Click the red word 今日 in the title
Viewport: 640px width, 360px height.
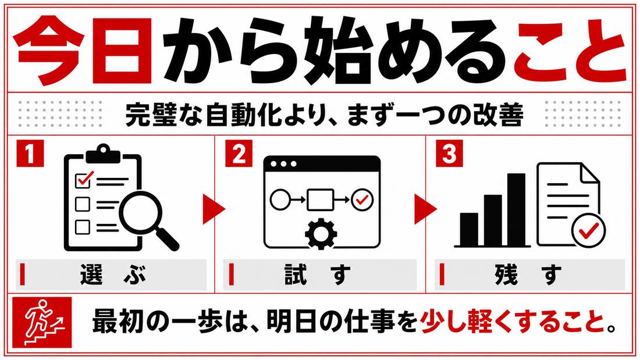point(82,50)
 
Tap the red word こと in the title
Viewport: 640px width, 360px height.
point(570,50)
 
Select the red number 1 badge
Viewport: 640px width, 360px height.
point(30,154)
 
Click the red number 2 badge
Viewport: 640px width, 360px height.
point(239,154)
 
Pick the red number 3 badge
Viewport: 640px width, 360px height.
point(449,154)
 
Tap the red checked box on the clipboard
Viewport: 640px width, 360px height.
point(84,179)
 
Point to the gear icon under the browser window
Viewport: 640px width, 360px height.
point(321,233)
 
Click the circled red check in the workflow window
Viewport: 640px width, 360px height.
point(362,199)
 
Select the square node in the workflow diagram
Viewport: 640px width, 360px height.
point(320,199)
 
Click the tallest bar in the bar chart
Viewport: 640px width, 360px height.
point(516,210)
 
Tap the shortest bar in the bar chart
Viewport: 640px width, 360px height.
point(469,229)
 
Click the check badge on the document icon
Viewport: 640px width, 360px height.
point(588,230)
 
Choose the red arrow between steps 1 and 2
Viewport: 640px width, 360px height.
point(214,209)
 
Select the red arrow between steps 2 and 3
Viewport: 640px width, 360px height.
point(425,209)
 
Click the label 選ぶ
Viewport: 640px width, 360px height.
point(113,275)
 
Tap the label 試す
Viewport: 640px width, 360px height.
point(318,275)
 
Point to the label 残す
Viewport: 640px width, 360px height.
point(528,275)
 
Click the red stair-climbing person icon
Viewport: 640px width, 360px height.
point(42,322)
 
